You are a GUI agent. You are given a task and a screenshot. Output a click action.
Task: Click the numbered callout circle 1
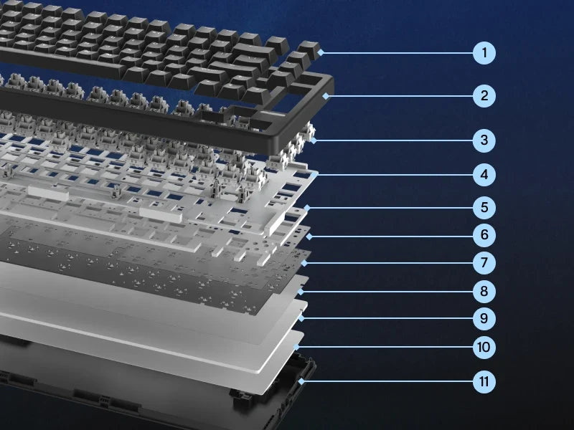click(484, 53)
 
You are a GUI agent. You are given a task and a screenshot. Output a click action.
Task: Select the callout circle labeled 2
click(484, 96)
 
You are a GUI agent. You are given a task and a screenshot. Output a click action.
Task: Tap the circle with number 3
click(484, 140)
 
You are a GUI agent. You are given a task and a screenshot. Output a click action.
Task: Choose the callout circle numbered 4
click(484, 175)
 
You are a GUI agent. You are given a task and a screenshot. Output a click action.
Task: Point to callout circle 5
click(484, 208)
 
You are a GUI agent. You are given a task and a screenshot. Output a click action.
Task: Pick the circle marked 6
click(484, 235)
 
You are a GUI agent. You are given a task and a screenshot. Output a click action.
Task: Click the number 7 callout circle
click(484, 262)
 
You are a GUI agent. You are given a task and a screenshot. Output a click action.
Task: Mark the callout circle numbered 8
click(484, 292)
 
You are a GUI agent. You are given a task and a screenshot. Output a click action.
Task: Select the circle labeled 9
click(484, 318)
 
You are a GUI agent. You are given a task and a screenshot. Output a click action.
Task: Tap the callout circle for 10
click(484, 347)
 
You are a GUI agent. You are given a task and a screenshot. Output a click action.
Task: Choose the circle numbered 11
click(484, 381)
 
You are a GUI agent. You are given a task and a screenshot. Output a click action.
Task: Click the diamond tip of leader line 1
click(321, 52)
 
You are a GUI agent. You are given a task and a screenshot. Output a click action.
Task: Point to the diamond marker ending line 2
click(326, 96)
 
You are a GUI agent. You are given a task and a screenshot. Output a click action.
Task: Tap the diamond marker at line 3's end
click(314, 140)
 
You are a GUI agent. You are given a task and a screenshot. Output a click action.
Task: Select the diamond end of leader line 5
click(307, 208)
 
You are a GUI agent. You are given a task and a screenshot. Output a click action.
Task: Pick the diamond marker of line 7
click(304, 262)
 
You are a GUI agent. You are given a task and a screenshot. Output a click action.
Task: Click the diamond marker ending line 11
click(301, 381)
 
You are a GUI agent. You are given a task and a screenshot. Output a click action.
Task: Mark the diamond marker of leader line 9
click(301, 318)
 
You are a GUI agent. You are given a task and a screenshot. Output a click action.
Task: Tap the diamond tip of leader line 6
click(309, 236)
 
